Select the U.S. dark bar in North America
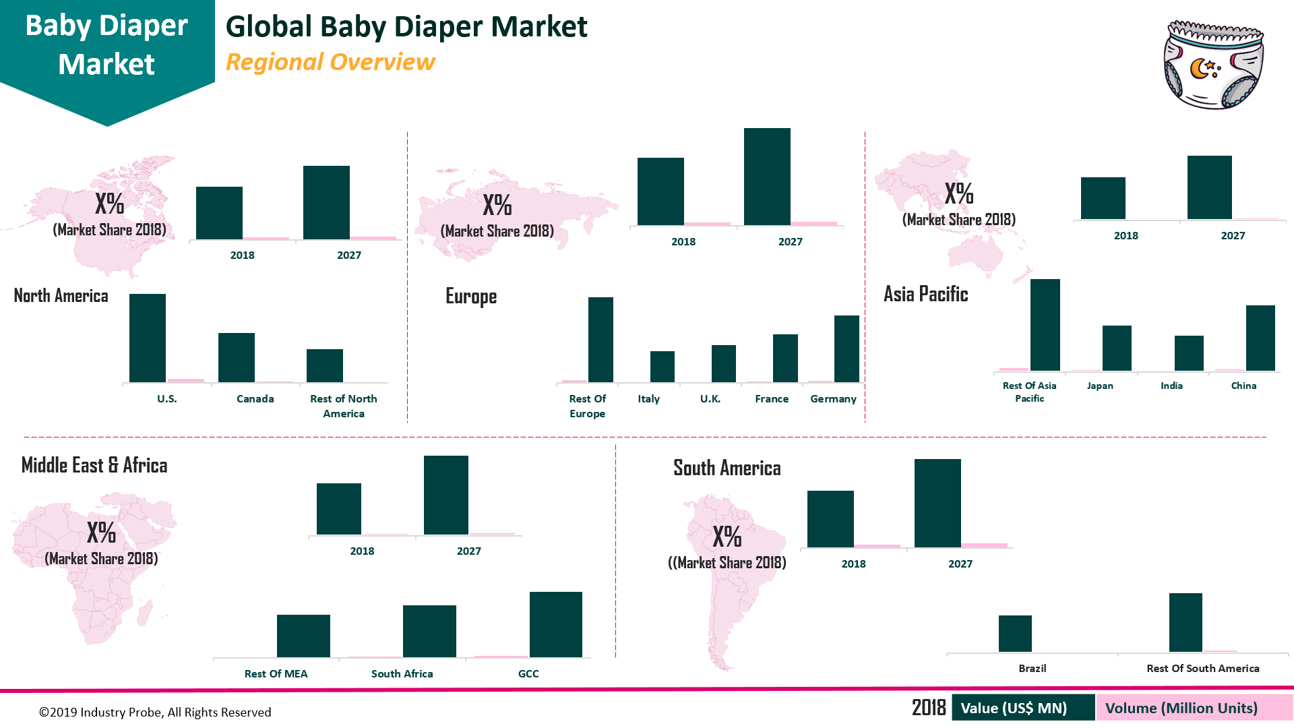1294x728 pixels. [x=148, y=338]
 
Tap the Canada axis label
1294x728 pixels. [x=255, y=399]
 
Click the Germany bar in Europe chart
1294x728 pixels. [x=846, y=349]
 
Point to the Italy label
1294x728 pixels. [x=648, y=399]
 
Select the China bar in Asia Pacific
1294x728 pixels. [x=1260, y=338]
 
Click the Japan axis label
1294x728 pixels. [x=1100, y=386]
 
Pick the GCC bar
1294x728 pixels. [x=555, y=625]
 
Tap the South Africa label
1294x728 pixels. [x=402, y=674]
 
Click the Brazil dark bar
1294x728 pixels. [x=1015, y=634]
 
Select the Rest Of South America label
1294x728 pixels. [x=1202, y=669]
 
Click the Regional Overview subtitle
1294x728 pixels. [x=330, y=62]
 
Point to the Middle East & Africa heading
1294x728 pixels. [x=94, y=466]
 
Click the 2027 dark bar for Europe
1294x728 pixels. [x=767, y=177]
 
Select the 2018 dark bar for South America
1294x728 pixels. [x=830, y=519]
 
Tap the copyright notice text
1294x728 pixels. [x=155, y=712]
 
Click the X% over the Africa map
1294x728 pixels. [x=102, y=533]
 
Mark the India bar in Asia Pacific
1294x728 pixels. [x=1189, y=353]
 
